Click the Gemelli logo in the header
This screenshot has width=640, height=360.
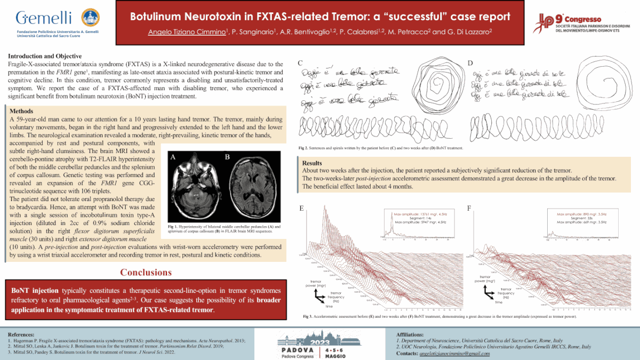coord(53,21)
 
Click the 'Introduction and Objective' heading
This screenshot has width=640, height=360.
coord(45,56)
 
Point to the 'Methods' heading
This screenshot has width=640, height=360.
coord(23,110)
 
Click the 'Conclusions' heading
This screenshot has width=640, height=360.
coord(146,272)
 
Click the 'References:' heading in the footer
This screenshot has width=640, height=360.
coord(21,334)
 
